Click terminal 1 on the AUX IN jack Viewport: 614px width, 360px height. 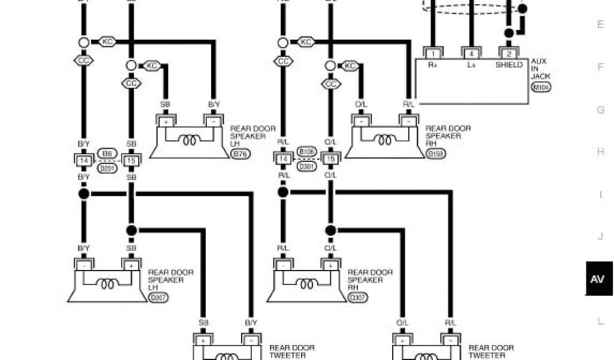(432, 53)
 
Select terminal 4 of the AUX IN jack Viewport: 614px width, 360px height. (471, 53)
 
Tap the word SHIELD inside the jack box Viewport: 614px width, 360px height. (509, 65)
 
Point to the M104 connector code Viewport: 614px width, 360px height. (541, 87)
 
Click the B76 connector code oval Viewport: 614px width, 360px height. (241, 154)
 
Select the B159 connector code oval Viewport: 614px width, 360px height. (436, 154)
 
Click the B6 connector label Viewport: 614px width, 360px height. (107, 154)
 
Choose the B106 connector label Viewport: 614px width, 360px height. (306, 151)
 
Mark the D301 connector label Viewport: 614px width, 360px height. (306, 166)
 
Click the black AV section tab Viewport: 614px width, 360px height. (597, 279)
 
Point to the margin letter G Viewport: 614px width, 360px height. (600, 110)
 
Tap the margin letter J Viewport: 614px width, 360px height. (600, 236)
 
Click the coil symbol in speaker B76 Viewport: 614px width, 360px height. (191, 140)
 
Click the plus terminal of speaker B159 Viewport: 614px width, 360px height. (361, 121)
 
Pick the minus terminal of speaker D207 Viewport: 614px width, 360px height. (83, 265)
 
